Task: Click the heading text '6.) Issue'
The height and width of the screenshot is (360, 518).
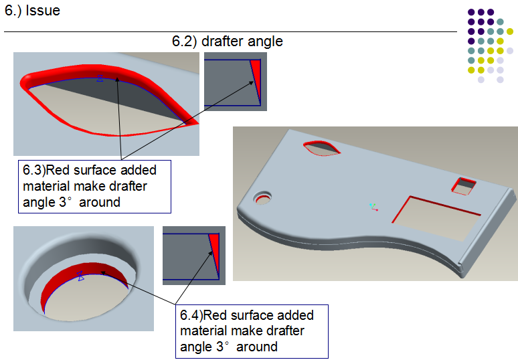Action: (x=32, y=11)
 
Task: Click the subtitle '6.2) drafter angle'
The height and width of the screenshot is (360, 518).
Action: (x=228, y=41)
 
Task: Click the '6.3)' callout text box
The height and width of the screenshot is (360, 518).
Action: (x=95, y=185)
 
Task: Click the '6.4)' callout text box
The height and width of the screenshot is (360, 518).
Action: (x=252, y=331)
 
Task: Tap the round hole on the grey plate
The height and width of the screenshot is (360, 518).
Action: (x=263, y=198)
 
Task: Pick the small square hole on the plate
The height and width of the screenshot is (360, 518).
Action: (x=465, y=185)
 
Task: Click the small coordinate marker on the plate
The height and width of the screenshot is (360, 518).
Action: (x=374, y=208)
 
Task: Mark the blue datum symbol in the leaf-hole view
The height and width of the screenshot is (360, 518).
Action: (x=100, y=78)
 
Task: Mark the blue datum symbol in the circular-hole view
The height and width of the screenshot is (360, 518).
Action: (x=81, y=276)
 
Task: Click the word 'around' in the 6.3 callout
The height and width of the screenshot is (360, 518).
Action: (x=100, y=201)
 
